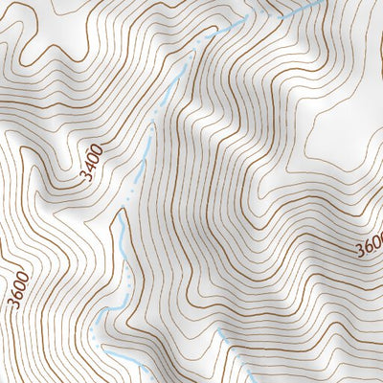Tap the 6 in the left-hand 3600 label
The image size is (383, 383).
tap(18, 292)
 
